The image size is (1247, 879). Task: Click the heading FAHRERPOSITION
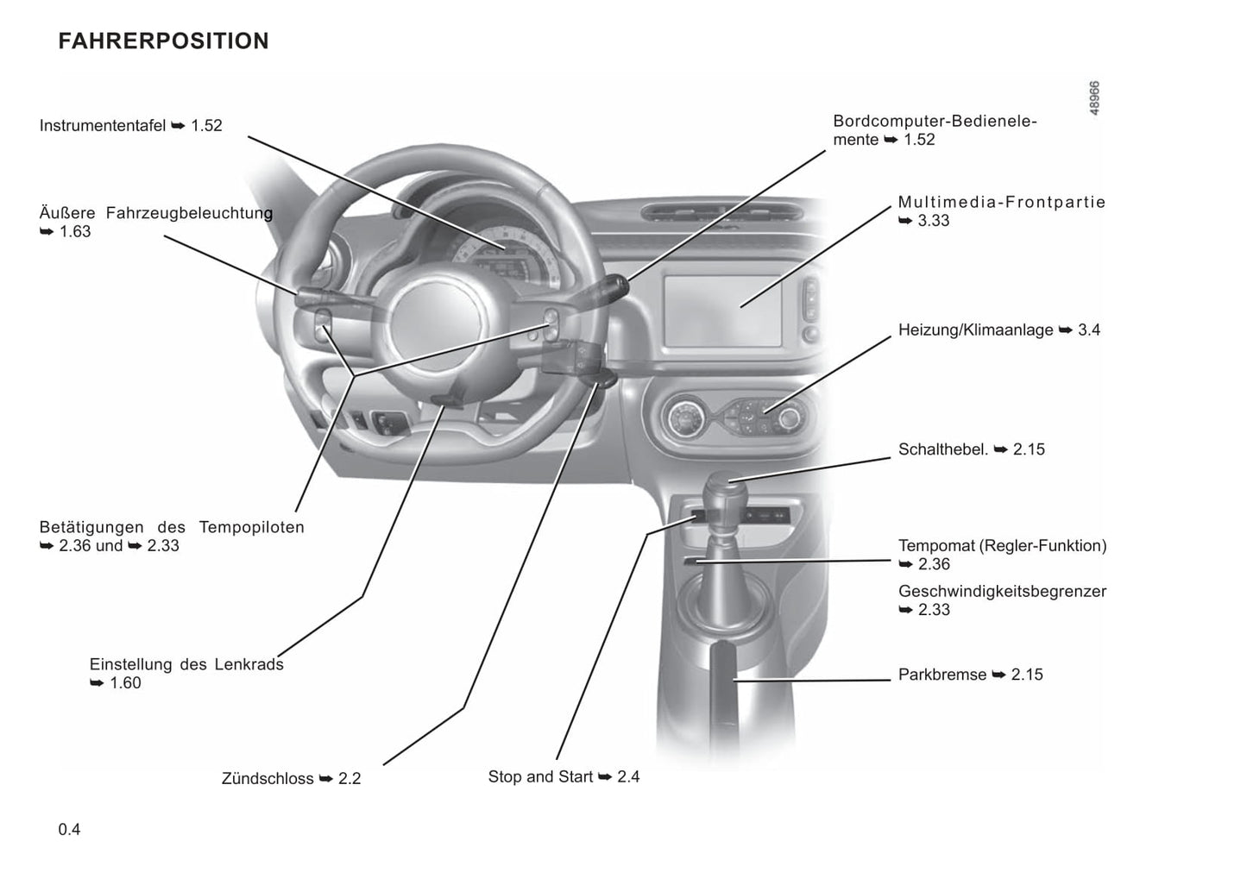pos(163,41)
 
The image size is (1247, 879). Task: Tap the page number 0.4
pos(69,830)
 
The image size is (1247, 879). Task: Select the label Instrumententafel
pos(103,126)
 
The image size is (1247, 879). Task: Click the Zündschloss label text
pos(268,778)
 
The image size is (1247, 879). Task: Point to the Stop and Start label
pos(540,776)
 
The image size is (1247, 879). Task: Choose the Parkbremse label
pos(942,675)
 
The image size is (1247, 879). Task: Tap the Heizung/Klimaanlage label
pos(975,330)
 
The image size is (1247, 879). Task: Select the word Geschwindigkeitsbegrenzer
pos(1002,592)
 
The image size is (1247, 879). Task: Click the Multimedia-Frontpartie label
pos(1001,203)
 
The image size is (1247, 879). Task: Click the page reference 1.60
pos(125,683)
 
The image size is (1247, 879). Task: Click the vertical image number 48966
pos(1093,98)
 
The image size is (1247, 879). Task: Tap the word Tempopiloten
pos(251,527)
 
